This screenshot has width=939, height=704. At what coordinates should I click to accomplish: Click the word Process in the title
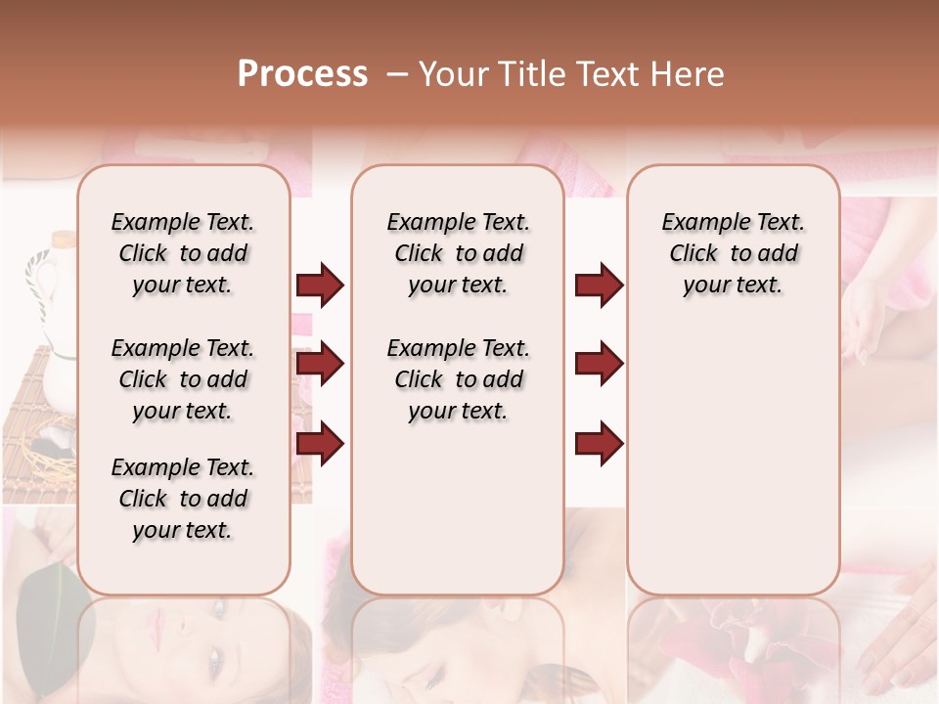302,74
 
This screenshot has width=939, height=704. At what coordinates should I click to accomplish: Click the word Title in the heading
527,74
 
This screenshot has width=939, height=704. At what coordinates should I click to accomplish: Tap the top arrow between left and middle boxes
320,286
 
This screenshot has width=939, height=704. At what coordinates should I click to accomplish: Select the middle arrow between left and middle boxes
320,365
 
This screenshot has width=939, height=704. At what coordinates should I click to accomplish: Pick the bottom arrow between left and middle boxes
320,443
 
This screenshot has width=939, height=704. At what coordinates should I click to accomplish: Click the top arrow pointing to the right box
599,286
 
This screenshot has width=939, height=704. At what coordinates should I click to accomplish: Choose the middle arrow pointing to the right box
599,365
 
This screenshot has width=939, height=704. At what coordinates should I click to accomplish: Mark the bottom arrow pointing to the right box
599,443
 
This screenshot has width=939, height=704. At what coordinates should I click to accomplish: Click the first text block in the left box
183,253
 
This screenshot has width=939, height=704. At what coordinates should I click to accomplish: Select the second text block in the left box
183,379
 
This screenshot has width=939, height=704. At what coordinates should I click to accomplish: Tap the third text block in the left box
183,499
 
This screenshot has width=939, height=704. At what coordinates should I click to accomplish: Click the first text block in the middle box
458,253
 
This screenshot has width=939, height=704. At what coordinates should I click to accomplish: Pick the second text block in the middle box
458,379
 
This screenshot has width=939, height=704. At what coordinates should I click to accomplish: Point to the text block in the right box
734,253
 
